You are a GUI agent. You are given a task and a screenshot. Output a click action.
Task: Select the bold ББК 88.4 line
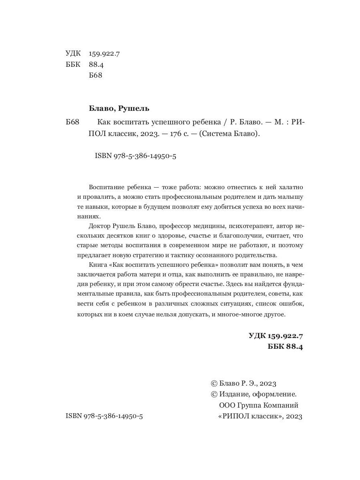click(285, 347)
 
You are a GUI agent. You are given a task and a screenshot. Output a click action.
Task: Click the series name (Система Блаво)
click(225, 134)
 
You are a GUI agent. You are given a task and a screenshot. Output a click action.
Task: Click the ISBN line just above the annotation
click(136, 156)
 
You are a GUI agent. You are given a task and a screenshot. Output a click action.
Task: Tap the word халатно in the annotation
click(290, 187)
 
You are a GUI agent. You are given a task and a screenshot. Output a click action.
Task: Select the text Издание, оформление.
click(258, 394)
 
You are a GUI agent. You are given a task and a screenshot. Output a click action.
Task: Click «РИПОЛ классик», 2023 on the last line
click(260, 416)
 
